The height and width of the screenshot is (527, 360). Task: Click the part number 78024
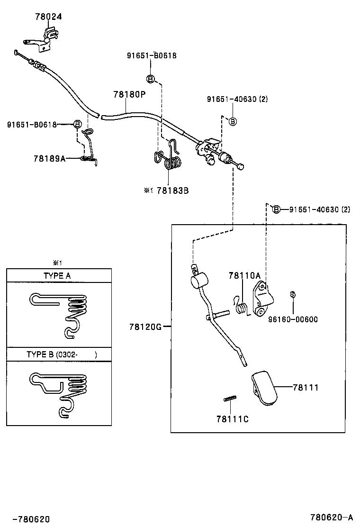click(x=48, y=17)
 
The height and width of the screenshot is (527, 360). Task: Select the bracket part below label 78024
click(x=48, y=38)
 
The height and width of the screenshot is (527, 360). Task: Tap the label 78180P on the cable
click(x=129, y=94)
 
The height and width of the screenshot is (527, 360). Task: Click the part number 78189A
click(x=49, y=158)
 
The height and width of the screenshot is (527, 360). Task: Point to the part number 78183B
click(x=173, y=190)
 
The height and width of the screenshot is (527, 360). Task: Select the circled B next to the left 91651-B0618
click(x=77, y=125)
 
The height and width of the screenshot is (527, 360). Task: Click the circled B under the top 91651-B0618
click(x=150, y=78)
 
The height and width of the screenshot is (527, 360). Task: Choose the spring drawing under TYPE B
click(x=60, y=393)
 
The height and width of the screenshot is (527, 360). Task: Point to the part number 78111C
click(x=232, y=419)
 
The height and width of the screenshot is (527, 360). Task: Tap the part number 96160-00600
click(x=294, y=319)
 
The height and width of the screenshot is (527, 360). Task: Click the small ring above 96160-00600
click(x=293, y=295)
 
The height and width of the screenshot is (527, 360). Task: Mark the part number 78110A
click(x=244, y=275)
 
